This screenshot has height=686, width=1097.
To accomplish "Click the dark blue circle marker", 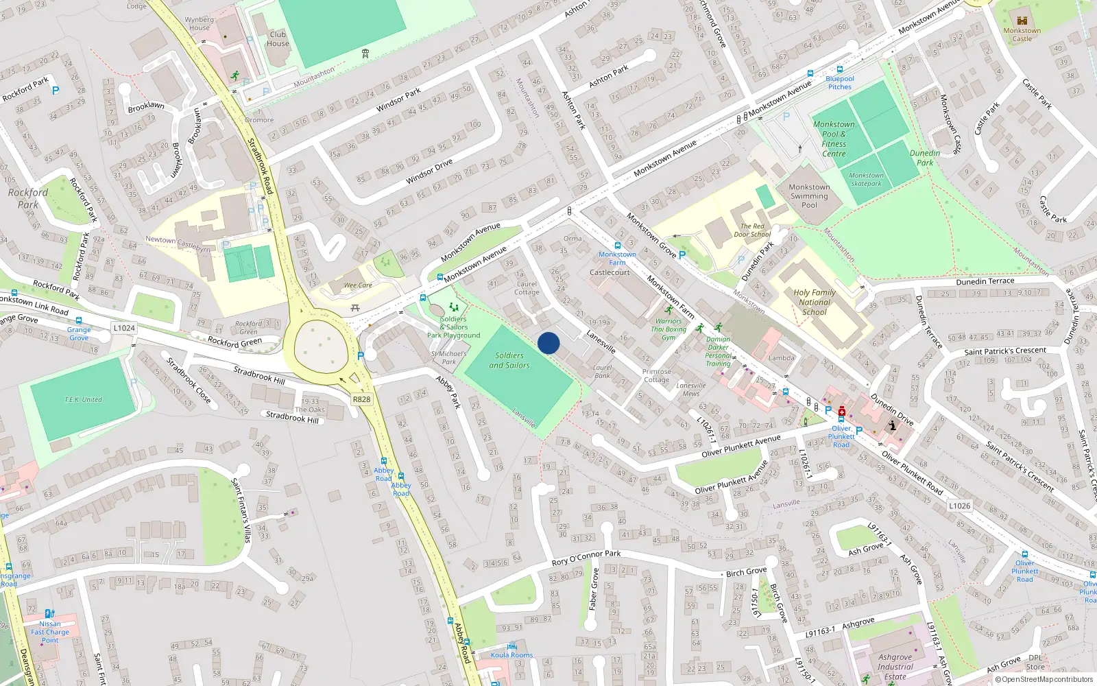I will click(548, 343).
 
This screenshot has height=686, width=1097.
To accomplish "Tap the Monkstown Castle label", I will click(1022, 34).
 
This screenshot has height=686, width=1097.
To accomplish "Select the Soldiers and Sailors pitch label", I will click(509, 360).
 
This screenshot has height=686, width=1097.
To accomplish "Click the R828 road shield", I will click(361, 399).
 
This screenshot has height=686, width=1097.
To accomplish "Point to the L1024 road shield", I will click(124, 328).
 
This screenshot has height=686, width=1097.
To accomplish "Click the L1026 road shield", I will click(960, 506).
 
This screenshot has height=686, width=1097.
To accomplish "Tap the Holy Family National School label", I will click(815, 302).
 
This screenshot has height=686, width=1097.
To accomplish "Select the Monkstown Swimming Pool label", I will click(809, 196).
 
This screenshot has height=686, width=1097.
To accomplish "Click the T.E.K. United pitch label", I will click(83, 399).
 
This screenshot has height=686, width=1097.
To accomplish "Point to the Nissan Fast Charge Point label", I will click(50, 632).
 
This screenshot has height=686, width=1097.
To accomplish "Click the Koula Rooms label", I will click(511, 654).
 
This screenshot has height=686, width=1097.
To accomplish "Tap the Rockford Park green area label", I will click(28, 198).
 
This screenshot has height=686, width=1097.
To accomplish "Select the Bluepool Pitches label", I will click(840, 82).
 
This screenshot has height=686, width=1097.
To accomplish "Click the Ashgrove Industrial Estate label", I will click(895, 666).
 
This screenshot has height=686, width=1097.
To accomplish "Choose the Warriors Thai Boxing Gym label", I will click(668, 329).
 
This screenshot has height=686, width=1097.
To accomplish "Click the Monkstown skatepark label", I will click(867, 179).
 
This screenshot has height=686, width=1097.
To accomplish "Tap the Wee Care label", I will click(358, 285).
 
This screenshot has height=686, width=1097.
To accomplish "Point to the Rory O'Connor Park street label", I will click(586, 558).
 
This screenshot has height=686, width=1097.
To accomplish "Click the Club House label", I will click(278, 38).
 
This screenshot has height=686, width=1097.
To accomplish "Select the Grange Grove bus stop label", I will click(79, 333).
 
